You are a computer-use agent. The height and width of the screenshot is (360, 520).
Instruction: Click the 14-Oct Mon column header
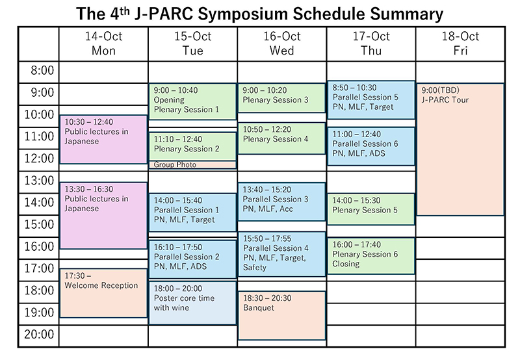point(103,44)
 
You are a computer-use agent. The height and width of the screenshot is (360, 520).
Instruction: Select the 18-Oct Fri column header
point(460,44)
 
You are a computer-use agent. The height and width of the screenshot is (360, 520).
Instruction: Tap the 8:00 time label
point(42,71)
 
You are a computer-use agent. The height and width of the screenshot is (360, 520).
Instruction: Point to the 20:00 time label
point(39,335)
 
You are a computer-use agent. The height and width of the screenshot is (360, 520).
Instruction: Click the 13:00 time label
point(39,181)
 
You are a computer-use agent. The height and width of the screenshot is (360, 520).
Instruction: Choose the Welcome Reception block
point(103,293)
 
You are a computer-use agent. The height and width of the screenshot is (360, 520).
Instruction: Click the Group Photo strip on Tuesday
point(192,165)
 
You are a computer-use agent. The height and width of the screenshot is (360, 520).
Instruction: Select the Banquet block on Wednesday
point(282,316)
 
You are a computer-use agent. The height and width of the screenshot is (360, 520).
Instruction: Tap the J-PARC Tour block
point(460,149)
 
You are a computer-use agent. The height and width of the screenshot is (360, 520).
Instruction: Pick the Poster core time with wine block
point(192,303)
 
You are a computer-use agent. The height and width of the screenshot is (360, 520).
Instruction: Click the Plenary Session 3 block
point(281,98)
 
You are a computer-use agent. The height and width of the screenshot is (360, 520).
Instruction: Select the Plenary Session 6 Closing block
point(371,256)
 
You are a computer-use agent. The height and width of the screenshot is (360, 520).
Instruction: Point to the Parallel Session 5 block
point(371,100)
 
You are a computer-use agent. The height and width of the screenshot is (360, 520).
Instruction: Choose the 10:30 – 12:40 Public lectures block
point(103,139)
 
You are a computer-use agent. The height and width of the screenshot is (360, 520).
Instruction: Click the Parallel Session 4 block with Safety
point(282,254)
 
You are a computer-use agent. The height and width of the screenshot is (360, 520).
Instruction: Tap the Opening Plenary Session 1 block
point(192,101)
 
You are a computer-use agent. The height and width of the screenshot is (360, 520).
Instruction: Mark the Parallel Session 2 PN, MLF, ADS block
point(192,259)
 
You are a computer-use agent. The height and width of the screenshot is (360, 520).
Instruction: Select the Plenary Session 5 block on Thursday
point(371,209)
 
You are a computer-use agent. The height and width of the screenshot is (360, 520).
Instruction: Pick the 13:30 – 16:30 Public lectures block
point(103,216)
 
